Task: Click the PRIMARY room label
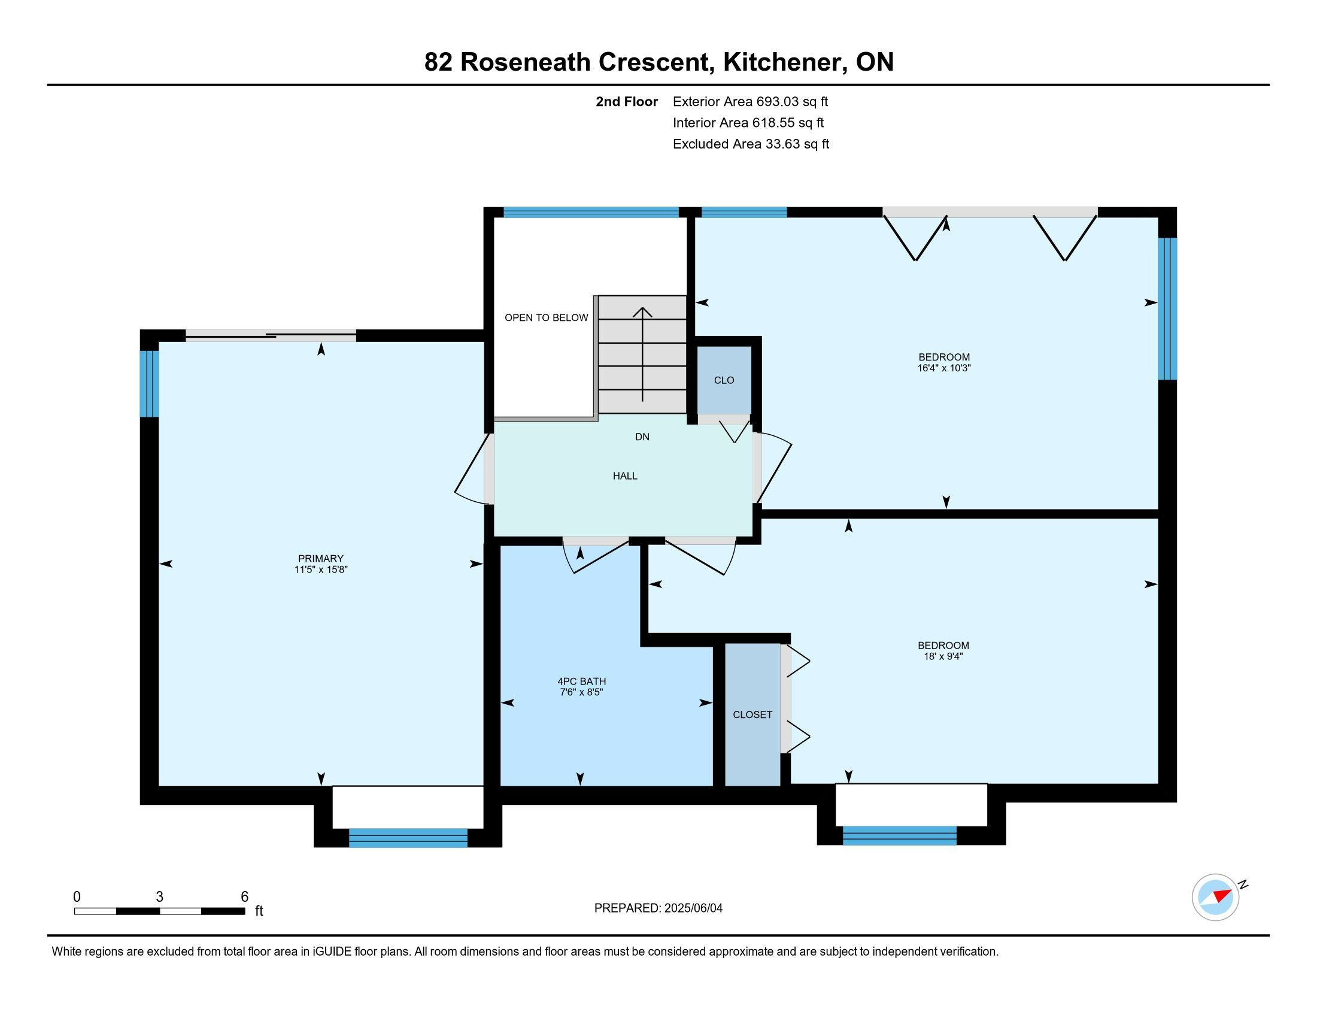(x=321, y=559)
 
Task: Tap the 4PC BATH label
(x=581, y=681)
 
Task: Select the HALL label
(x=626, y=476)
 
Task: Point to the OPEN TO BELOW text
(x=547, y=318)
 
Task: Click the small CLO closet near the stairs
(x=724, y=380)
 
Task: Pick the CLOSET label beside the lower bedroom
(x=752, y=714)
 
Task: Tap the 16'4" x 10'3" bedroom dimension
(x=944, y=368)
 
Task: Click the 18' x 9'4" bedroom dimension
(x=943, y=656)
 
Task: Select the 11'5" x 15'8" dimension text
(x=321, y=569)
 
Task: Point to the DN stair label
(x=642, y=437)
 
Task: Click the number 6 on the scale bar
(x=244, y=897)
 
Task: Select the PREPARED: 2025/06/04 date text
(x=658, y=908)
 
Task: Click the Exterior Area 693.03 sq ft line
(x=751, y=101)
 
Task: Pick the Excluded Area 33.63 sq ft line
(x=751, y=144)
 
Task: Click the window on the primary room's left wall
(x=150, y=384)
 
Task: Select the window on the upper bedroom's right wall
(x=1167, y=308)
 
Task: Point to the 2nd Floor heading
(x=627, y=101)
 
